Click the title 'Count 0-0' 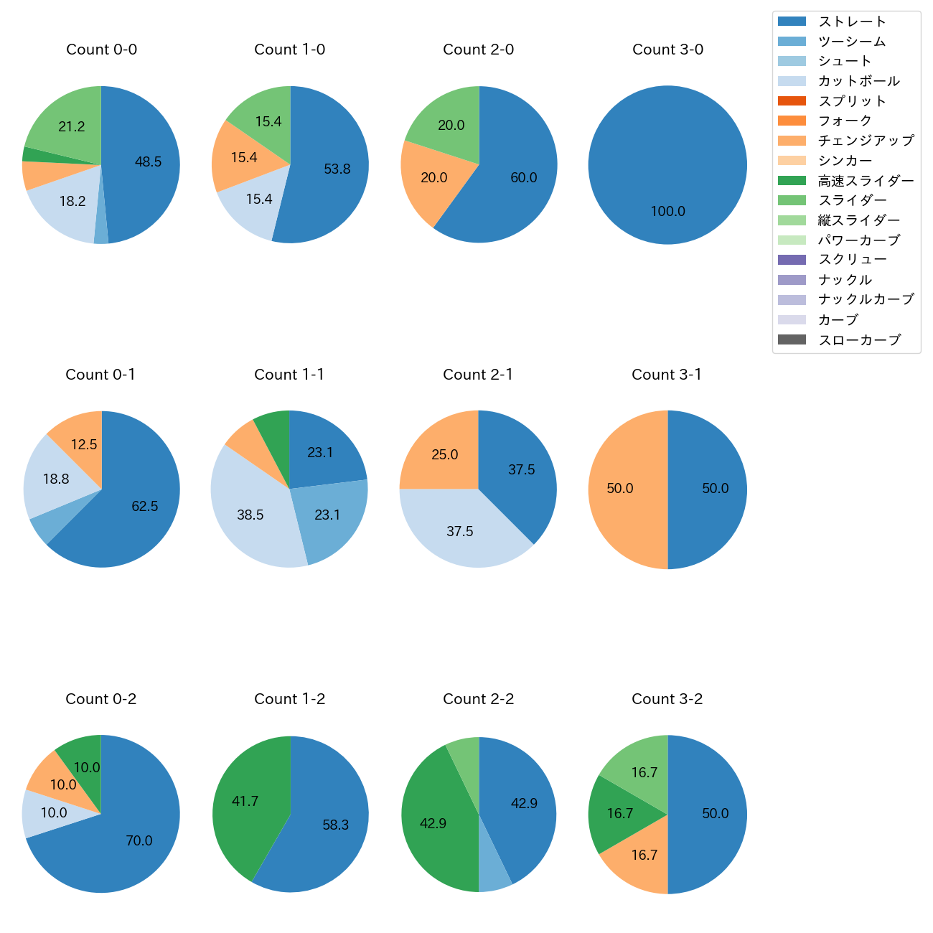[x=101, y=50]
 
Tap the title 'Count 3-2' [x=667, y=699]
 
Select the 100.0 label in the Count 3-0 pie [x=667, y=212]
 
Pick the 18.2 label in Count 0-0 [x=72, y=202]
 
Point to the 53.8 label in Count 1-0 [x=337, y=169]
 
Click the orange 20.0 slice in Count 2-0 [x=434, y=177]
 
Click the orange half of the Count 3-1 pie [x=621, y=489]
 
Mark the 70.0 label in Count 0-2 [x=139, y=841]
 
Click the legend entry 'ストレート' [x=852, y=22]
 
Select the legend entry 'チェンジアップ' [x=866, y=141]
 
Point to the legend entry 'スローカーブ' [x=859, y=340]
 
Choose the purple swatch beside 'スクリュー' [x=792, y=260]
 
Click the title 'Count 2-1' [x=478, y=375]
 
